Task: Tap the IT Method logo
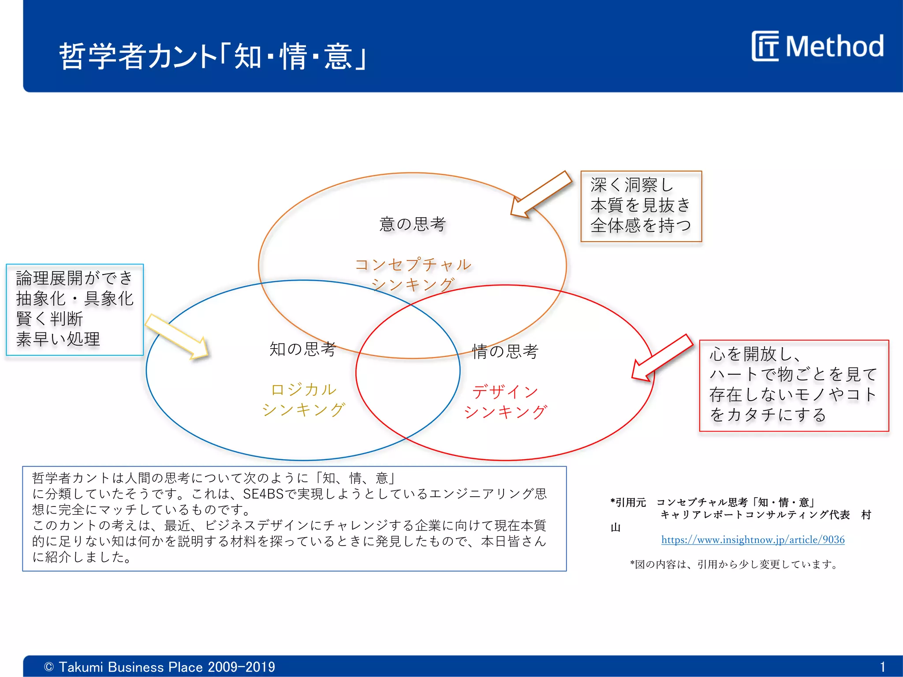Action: [817, 46]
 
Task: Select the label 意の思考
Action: [412, 224]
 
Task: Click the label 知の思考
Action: [303, 349]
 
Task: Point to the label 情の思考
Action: [505, 351]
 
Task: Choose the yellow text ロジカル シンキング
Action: [303, 399]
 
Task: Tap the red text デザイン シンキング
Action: [505, 402]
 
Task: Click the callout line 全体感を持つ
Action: [640, 226]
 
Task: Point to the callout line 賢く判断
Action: [49, 319]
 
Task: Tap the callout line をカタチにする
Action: [768, 415]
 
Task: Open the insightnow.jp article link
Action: [753, 539]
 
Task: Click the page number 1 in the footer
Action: [882, 666]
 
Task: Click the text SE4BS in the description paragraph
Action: [263, 494]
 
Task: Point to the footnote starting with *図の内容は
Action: [734, 564]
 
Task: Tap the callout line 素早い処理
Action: [58, 339]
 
